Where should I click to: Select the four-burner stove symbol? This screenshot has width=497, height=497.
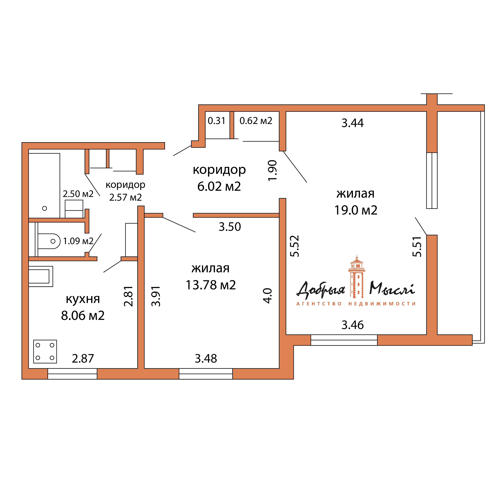(45, 351)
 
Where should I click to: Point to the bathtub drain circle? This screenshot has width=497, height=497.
(45, 208)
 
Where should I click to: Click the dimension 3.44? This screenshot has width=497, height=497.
(352, 123)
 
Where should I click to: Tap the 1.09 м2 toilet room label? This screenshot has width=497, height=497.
(78, 241)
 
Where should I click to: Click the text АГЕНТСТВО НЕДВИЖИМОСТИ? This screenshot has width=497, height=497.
(356, 304)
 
